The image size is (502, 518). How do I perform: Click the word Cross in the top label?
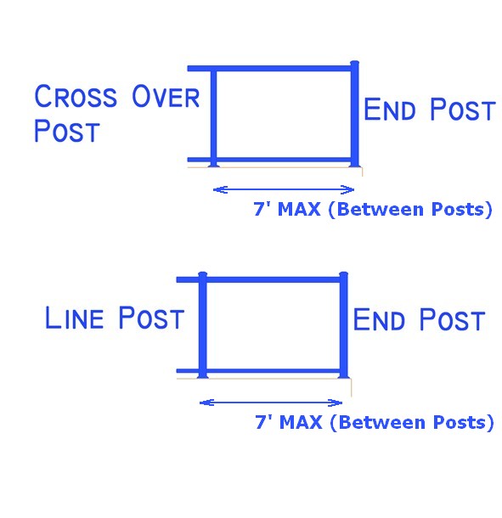click(x=76, y=96)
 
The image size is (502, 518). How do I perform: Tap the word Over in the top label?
click(x=166, y=96)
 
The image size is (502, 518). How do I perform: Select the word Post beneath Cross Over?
click(x=67, y=131)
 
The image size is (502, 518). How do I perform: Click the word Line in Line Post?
click(x=74, y=318)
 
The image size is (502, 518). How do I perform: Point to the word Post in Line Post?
click(x=151, y=318)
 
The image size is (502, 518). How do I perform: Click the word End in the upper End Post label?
click(x=389, y=110)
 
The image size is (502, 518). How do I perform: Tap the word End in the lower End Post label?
click(x=379, y=319)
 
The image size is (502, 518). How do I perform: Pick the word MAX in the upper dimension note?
click(x=299, y=209)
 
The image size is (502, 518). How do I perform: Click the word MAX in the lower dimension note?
click(x=301, y=422)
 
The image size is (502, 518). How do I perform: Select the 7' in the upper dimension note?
click(x=262, y=208)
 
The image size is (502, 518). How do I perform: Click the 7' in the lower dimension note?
click(x=263, y=421)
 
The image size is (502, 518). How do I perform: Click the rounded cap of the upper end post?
click(x=354, y=63)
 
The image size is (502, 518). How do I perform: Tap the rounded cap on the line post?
click(x=203, y=274)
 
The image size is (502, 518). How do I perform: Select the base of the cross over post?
click(x=213, y=166)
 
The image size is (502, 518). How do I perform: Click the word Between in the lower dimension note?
click(x=381, y=422)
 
